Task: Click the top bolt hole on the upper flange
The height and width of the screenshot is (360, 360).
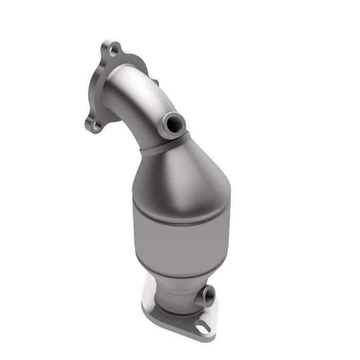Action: pos(114,50)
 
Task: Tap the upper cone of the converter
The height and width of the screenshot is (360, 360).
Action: pos(180,175)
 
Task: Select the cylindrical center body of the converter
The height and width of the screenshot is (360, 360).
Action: pos(180,237)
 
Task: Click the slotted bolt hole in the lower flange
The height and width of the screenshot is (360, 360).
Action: pos(202,325)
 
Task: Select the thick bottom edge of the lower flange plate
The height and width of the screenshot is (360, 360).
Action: pos(170,329)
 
